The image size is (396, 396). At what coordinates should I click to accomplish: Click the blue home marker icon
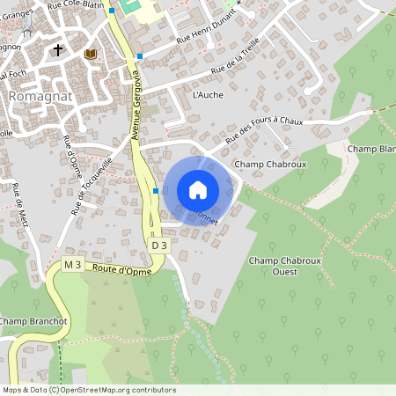coord(198,190)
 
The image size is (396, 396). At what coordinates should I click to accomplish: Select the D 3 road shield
coord(158,246)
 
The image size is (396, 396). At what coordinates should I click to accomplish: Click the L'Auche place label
coord(207,94)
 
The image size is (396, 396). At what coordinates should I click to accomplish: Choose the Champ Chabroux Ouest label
coord(285,266)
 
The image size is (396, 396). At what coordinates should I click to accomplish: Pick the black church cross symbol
coord(59,51)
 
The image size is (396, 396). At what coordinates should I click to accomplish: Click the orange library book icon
coord(89,54)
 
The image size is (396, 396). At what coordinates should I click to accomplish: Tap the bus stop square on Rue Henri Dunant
coord(140,55)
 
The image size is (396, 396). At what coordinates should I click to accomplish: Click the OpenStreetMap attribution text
coord(88,390)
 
